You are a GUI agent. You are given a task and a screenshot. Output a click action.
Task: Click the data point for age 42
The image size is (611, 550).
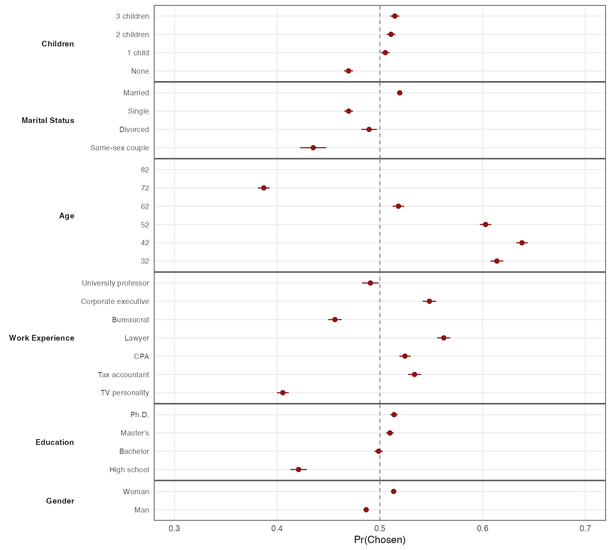pos(522,243)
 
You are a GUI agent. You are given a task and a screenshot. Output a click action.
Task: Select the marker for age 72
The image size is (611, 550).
pos(264,188)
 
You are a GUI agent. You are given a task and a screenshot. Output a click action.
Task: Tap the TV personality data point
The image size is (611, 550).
pos(283,393)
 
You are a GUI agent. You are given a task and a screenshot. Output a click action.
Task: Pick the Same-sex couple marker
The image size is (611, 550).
pos(313,147)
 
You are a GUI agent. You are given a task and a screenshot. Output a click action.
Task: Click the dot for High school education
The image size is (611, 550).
pos(299,470)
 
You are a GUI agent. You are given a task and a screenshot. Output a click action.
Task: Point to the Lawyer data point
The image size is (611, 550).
pos(444,338)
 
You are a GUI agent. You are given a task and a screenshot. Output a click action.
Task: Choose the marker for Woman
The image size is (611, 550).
pos(393,492)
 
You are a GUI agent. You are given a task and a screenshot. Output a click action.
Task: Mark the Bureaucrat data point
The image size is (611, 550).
pos(335,319)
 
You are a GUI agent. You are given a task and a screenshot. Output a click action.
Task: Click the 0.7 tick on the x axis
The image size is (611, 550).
pos(585,529)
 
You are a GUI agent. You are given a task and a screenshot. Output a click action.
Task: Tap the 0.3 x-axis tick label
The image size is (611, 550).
pos(174,529)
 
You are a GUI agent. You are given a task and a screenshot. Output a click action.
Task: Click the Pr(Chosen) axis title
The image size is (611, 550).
pos(380,540)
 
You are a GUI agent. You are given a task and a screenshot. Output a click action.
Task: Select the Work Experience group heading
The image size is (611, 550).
pos(42,338)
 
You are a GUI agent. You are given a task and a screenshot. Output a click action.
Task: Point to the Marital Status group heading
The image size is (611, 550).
pos(48,121)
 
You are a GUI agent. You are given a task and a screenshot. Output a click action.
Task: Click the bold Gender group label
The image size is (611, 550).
pos(60,501)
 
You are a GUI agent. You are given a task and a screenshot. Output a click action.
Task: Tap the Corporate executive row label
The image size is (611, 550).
pos(115,301)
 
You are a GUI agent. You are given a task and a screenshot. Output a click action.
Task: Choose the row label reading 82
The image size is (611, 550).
pos(145,170)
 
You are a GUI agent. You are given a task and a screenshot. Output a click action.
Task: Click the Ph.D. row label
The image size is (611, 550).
pos(139,415)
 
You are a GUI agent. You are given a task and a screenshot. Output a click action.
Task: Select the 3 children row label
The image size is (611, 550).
pos(132,16)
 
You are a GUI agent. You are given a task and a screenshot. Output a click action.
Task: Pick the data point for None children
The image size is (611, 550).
pos(348,71)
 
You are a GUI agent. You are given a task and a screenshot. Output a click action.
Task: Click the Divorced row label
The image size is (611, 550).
pos(134,130)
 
